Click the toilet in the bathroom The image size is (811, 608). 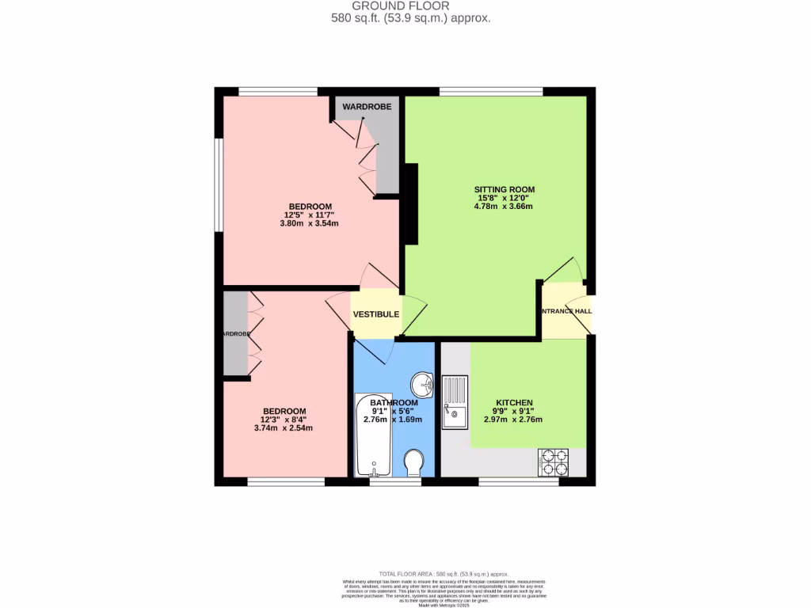414,463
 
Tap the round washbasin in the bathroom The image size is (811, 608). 424,386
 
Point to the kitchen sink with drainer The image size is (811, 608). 455,403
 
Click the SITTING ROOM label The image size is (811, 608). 504,189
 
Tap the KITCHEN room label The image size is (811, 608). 514,403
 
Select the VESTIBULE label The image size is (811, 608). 375,314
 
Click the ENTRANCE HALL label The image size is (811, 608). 566,311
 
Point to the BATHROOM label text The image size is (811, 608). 394,403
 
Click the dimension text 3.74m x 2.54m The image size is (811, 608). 284,428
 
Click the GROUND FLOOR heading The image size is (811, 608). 411,6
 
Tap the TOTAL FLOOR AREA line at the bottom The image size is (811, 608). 444,574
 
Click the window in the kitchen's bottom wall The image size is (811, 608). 519,481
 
